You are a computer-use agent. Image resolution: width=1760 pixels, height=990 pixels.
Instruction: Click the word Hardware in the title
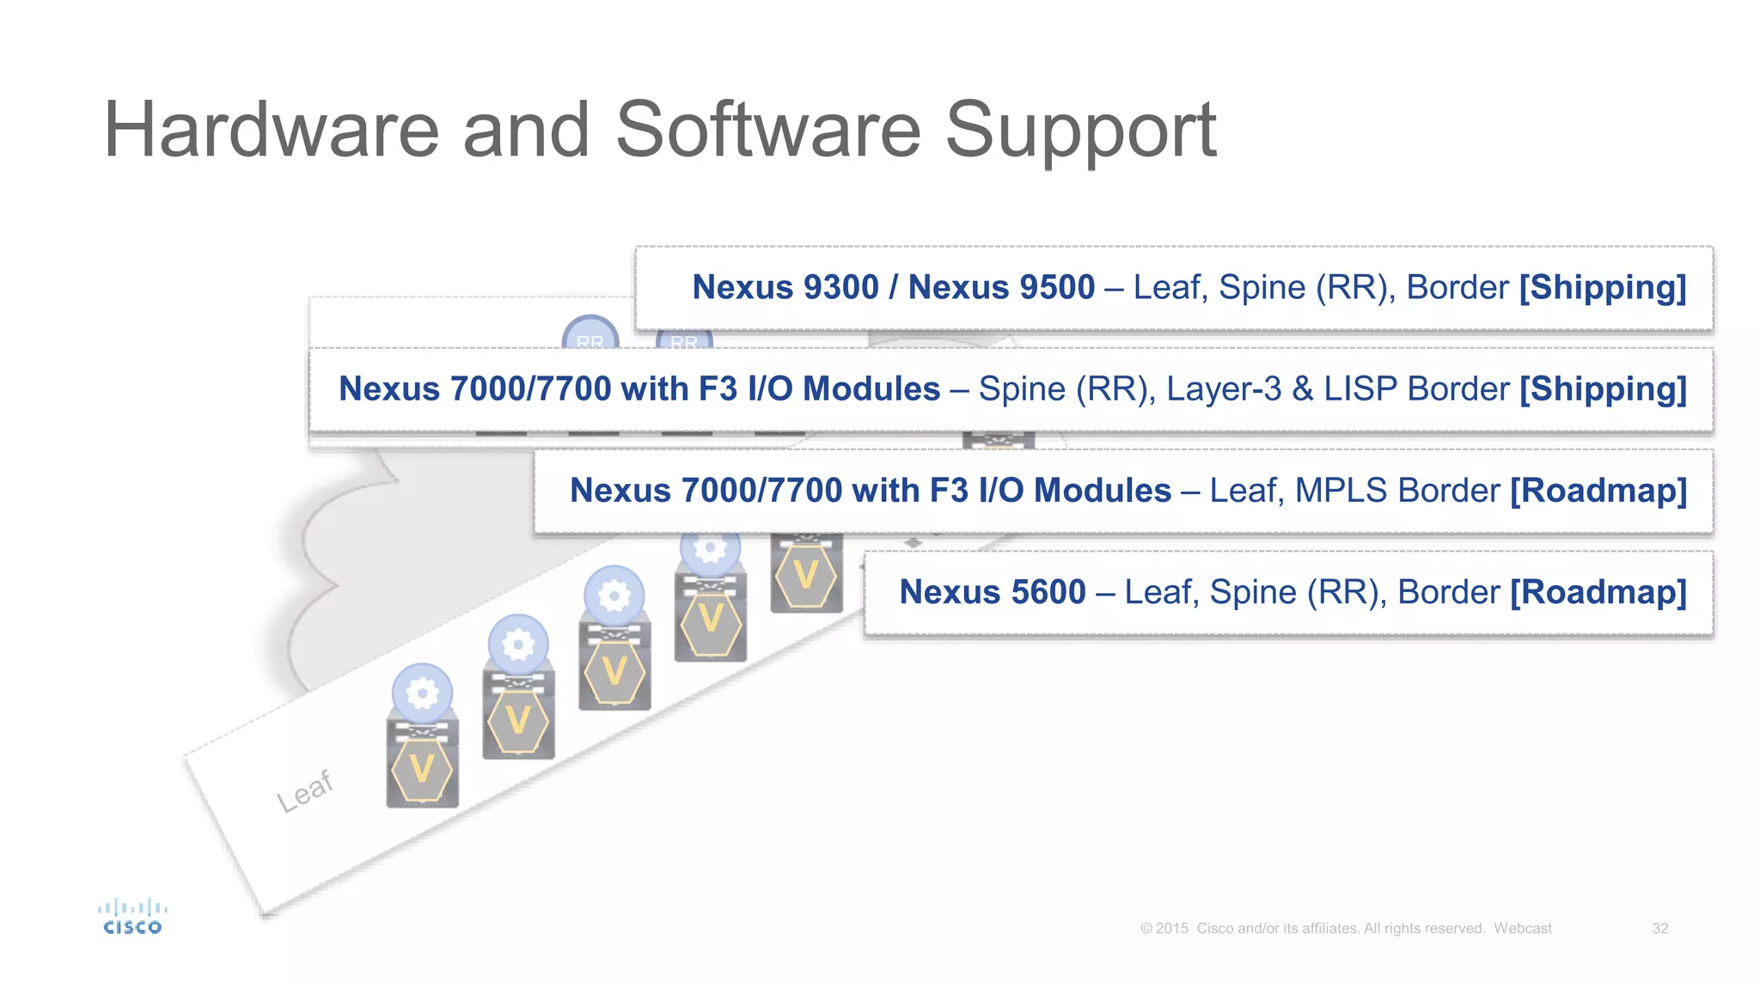(271, 131)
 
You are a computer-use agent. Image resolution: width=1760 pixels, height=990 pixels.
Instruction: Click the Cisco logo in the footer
(132, 917)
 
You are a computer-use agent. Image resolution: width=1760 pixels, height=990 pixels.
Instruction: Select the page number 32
(1659, 928)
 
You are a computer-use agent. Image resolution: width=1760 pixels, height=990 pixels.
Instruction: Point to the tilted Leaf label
(304, 791)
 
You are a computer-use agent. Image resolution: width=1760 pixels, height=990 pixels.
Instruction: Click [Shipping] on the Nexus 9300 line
(1602, 287)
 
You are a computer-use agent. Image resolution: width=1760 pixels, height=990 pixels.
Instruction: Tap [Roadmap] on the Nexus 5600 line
(1598, 592)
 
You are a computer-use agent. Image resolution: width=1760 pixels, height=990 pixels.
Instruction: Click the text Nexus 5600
(992, 592)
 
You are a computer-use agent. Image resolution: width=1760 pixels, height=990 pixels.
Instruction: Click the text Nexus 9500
(1001, 287)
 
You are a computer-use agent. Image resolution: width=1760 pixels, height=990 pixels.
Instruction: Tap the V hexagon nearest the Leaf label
(422, 769)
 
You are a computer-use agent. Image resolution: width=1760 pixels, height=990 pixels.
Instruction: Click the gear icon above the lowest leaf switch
(422, 693)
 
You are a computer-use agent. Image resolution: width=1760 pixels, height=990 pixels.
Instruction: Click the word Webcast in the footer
(1522, 928)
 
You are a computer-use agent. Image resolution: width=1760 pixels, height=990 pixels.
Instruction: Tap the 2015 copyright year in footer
(1171, 928)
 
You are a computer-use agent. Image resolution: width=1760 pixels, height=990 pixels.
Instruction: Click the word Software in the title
(768, 131)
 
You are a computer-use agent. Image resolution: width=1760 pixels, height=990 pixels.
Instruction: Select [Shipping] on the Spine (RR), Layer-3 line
(1603, 389)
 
